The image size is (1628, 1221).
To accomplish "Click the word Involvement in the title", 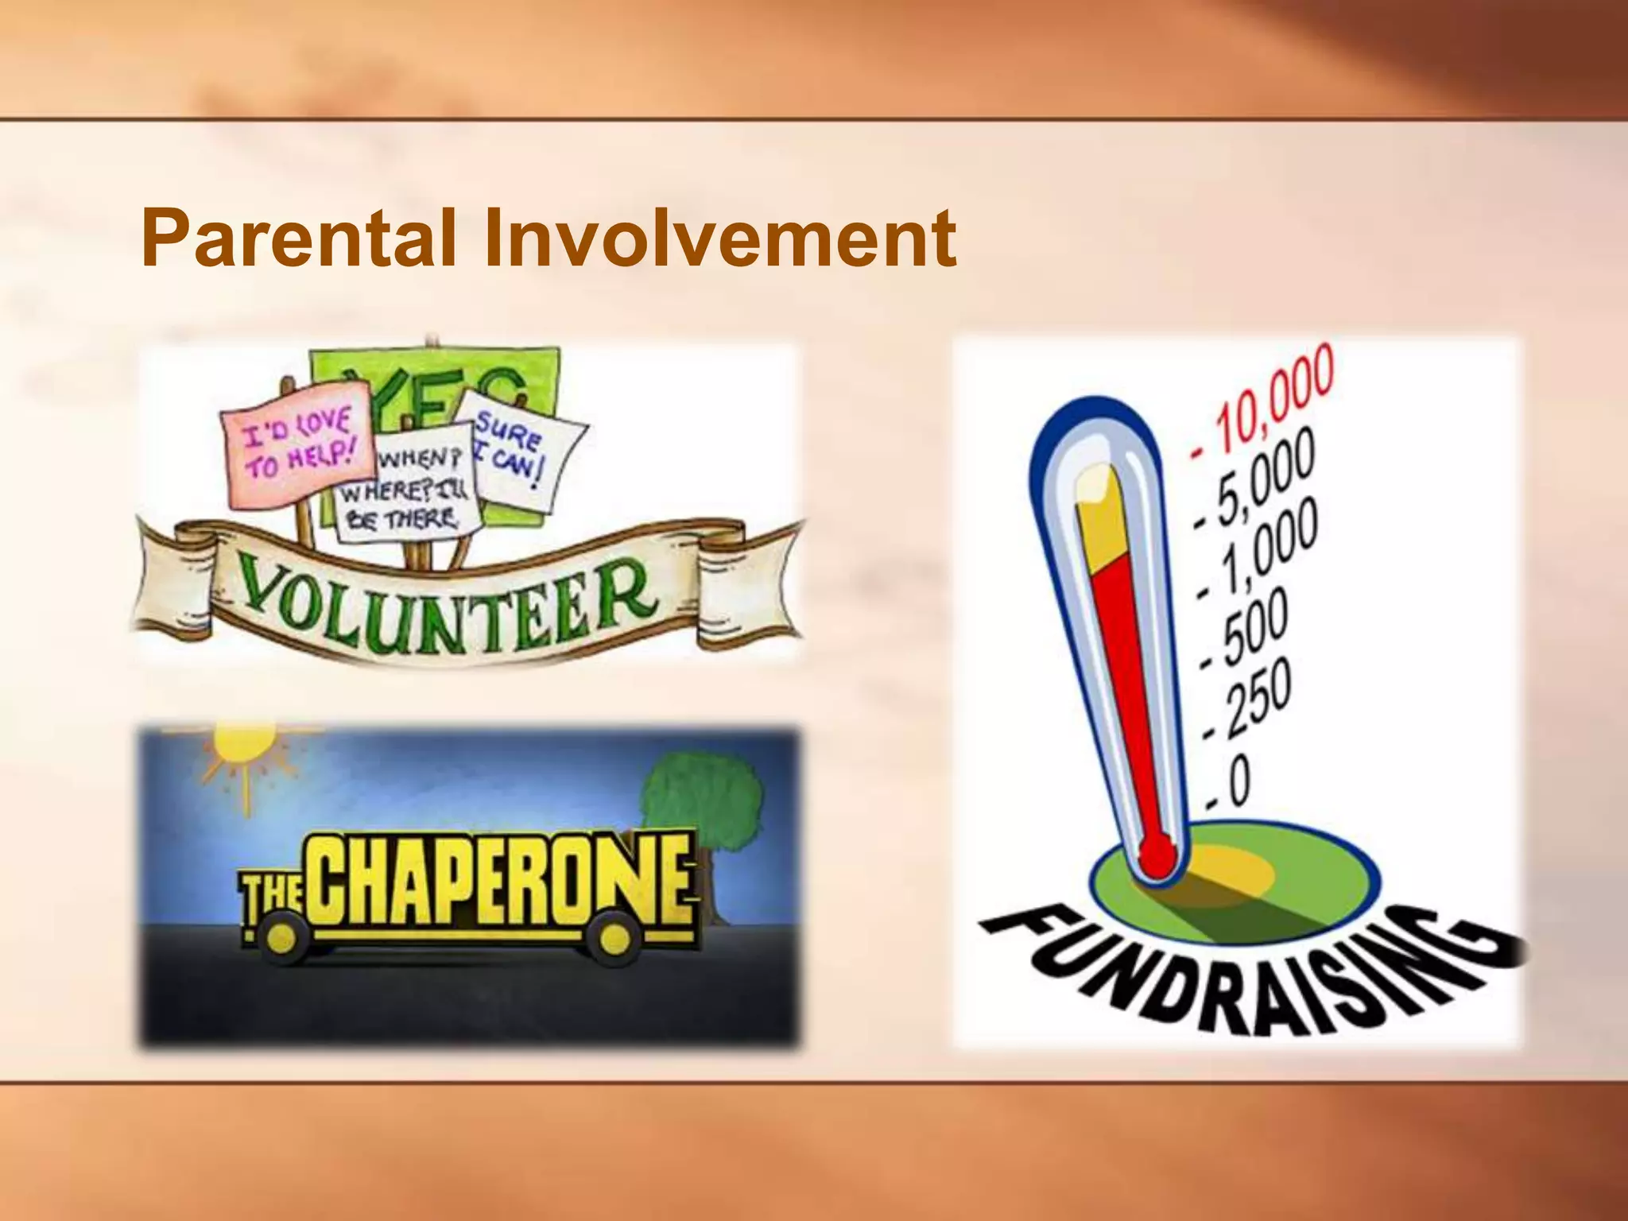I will tap(719, 238).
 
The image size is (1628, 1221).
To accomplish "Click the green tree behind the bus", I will tap(700, 803).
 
